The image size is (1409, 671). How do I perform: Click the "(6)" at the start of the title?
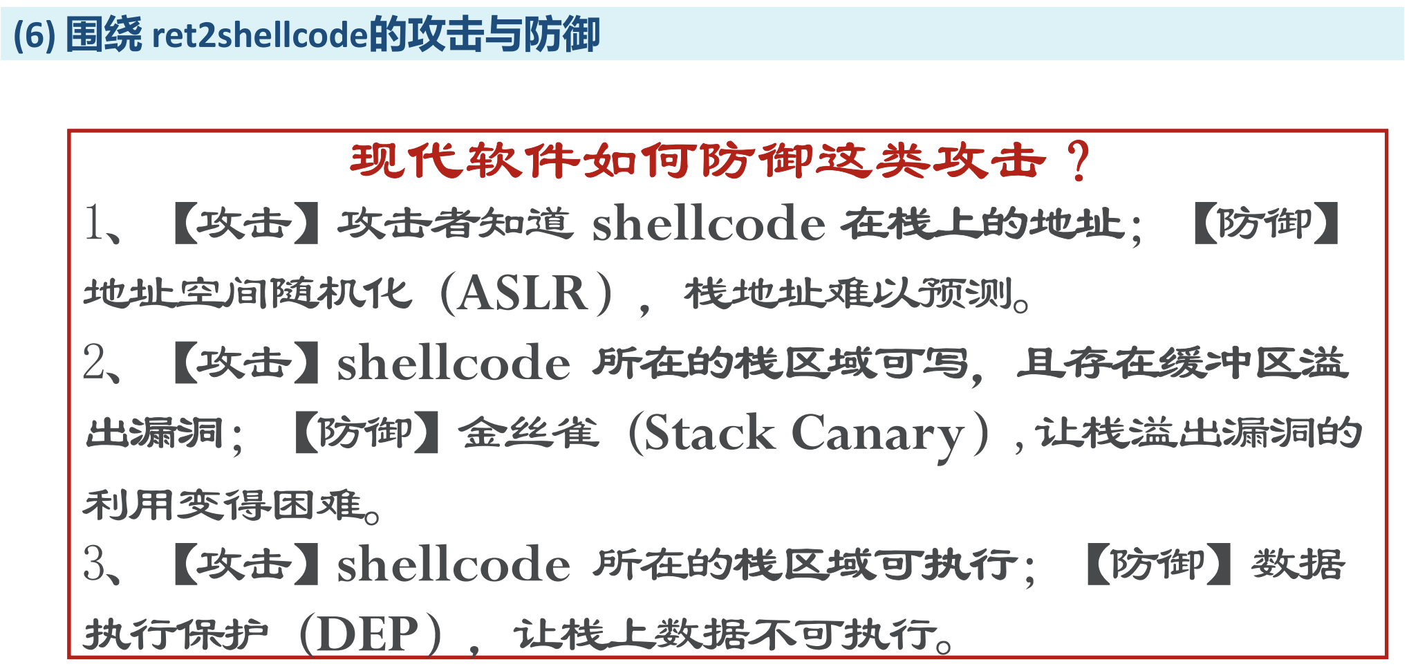[x=34, y=35]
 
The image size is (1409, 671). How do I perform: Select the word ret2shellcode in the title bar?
[x=260, y=35]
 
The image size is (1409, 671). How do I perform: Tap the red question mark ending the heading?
[x=1079, y=161]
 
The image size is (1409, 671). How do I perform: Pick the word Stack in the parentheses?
[x=709, y=434]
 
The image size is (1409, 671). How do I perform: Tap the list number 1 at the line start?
[x=93, y=223]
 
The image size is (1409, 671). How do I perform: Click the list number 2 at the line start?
[x=93, y=362]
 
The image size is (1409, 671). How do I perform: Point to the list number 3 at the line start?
[x=94, y=563]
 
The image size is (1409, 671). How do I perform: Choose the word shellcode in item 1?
[x=709, y=223]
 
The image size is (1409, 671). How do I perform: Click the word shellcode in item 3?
[x=454, y=564]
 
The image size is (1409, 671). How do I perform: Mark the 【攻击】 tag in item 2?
[x=245, y=362]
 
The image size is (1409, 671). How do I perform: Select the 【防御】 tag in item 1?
[x=1266, y=223]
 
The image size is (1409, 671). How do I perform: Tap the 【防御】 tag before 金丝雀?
[x=366, y=434]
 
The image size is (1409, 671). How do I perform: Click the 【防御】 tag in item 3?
[x=1159, y=564]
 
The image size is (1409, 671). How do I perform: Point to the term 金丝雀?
[x=530, y=434]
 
